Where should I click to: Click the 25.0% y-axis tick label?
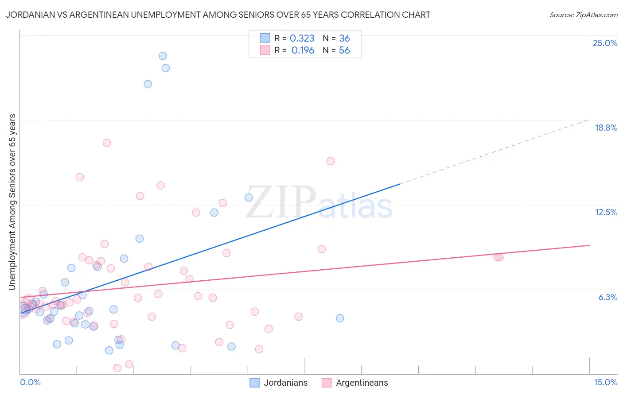(x=605, y=43)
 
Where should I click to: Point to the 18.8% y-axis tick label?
(x=606, y=128)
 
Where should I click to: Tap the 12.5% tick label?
(x=606, y=213)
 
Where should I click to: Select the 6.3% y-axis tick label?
(x=607, y=298)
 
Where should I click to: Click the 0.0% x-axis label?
(x=30, y=383)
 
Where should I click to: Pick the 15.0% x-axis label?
(x=605, y=383)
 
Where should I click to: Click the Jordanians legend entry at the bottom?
(x=278, y=383)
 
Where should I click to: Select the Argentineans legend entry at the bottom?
(x=354, y=383)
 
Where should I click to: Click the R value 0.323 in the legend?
(x=302, y=39)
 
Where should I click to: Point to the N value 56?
(x=344, y=50)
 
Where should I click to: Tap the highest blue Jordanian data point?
(x=163, y=56)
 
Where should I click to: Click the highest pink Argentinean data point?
(x=107, y=143)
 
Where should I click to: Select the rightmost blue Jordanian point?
(x=340, y=318)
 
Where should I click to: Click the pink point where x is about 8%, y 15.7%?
(x=331, y=161)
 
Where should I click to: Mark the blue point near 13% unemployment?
(x=249, y=197)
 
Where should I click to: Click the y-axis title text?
(x=12, y=202)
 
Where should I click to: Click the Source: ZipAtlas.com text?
(x=583, y=15)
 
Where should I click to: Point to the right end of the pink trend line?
(x=589, y=245)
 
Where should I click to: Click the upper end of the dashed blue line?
(x=588, y=120)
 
